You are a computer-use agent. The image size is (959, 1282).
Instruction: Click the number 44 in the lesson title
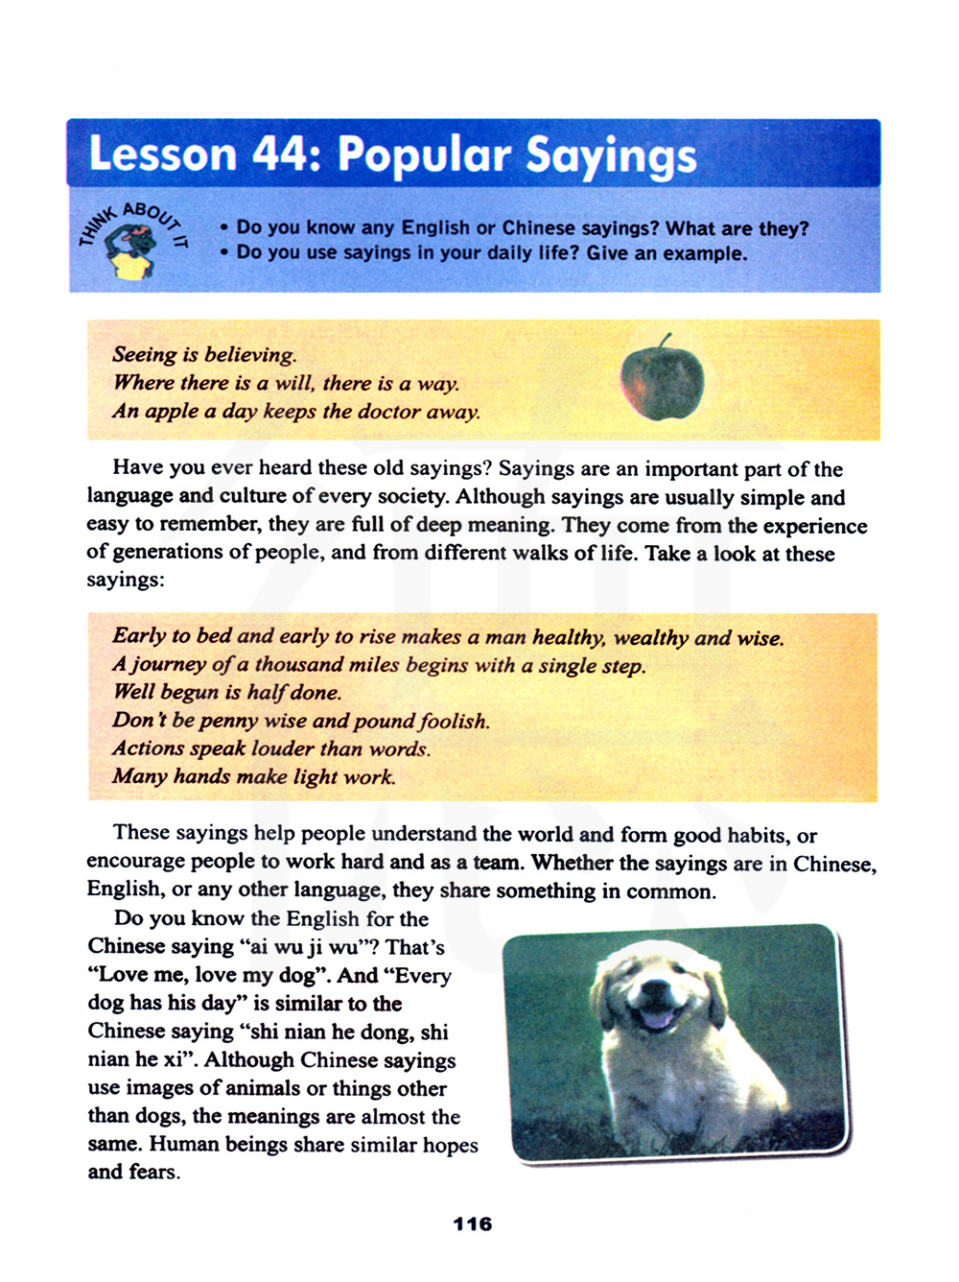coord(279,154)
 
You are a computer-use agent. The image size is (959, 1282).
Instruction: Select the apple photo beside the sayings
coord(662,381)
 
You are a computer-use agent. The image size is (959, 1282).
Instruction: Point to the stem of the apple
coord(666,340)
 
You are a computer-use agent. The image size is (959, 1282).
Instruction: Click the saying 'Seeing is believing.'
coord(204,354)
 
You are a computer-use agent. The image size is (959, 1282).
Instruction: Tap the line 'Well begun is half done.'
coord(226,692)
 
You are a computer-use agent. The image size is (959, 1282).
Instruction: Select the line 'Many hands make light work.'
coord(253,776)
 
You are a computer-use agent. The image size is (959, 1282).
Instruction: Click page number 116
coord(472,1223)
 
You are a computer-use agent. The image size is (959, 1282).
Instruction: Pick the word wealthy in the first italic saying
coord(650,637)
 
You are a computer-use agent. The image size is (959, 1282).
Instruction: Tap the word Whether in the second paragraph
coord(573,862)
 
